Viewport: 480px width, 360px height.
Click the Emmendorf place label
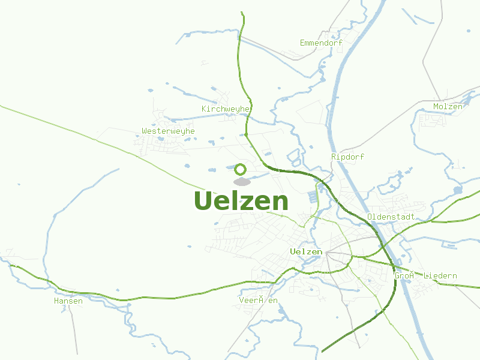click(321, 43)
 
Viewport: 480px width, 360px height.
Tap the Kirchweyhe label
click(226, 109)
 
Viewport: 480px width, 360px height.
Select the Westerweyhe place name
click(168, 131)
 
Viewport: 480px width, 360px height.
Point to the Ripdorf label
click(347, 157)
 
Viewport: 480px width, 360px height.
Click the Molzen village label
click(448, 107)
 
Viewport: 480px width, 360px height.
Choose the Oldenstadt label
click(391, 216)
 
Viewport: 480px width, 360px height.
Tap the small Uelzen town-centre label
click(306, 252)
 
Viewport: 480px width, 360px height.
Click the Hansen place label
click(68, 301)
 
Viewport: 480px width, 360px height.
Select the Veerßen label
click(258, 300)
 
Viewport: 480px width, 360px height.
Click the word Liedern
click(440, 276)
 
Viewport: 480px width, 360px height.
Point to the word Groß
click(404, 276)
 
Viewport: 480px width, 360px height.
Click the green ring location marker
click(241, 169)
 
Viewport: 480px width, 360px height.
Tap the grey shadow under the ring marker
click(242, 181)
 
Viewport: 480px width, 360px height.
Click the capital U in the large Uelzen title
click(205, 201)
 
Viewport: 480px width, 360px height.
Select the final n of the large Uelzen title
click(279, 203)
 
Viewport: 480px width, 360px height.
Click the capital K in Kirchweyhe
click(205, 109)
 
